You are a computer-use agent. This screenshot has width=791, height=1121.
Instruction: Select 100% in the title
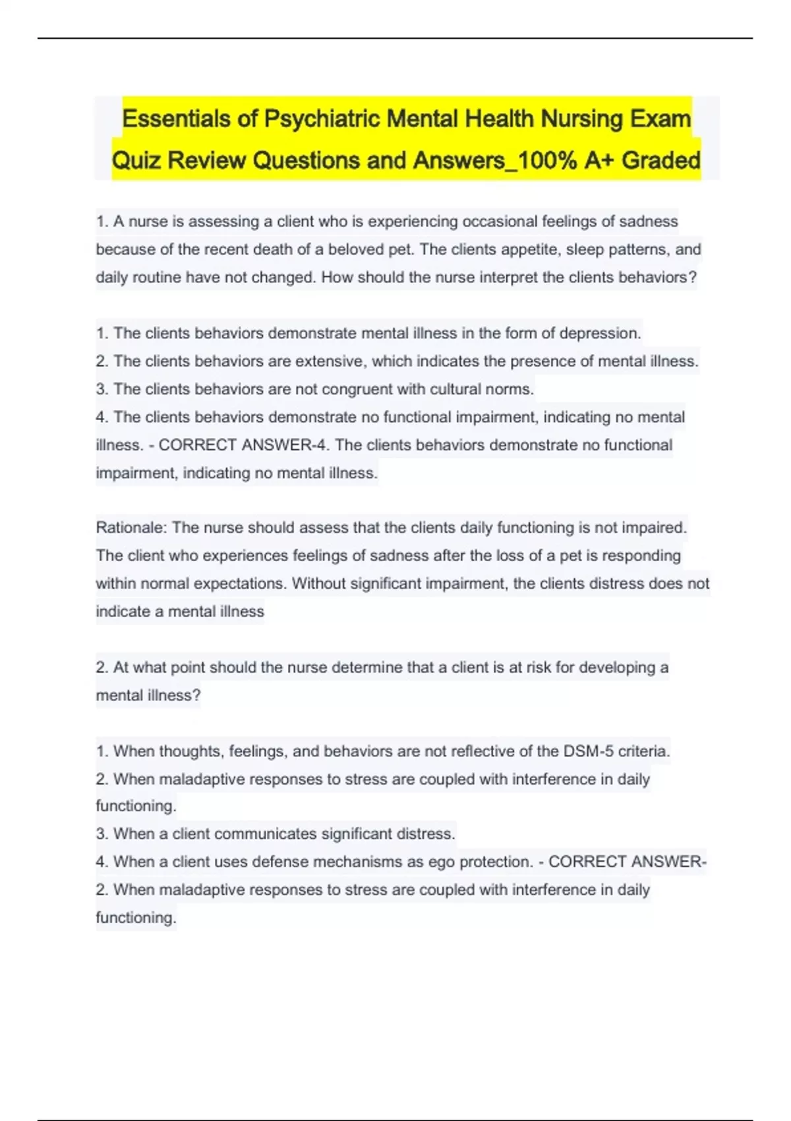[544, 160]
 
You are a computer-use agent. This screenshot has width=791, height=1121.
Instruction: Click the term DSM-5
[588, 751]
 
